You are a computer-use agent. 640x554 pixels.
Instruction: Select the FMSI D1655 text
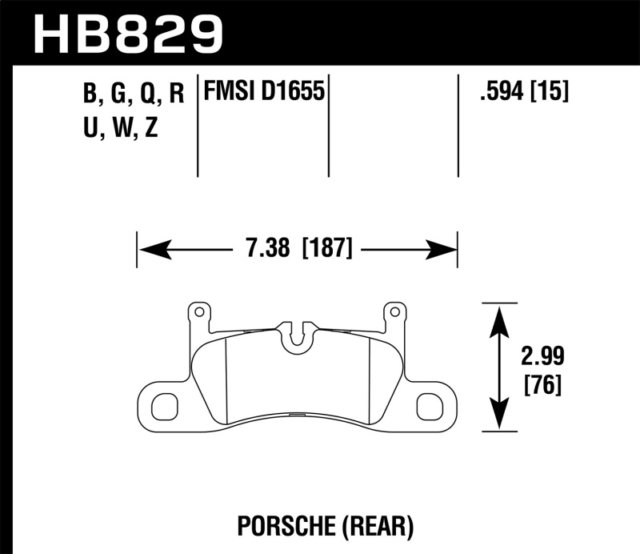264,92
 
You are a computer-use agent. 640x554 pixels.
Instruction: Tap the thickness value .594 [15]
523,92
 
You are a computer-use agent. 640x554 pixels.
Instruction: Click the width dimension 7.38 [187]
297,248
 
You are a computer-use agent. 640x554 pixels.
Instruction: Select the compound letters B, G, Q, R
133,94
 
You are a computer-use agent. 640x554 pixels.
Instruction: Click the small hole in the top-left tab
196,311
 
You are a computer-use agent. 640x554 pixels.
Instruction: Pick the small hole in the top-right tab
392,311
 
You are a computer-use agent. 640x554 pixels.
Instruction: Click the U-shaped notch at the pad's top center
296,335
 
